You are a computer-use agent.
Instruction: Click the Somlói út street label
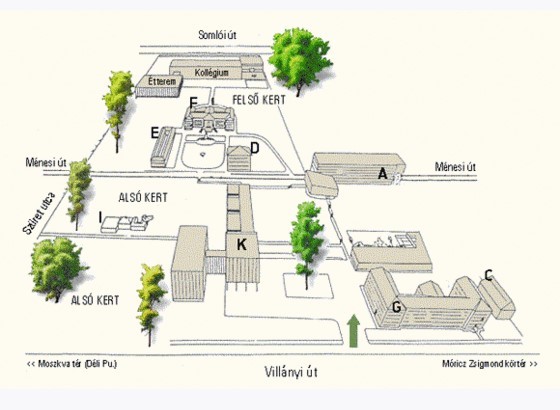click(217, 35)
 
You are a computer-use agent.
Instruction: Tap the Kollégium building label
click(211, 72)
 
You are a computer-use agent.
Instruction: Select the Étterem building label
click(162, 81)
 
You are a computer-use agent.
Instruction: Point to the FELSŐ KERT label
click(259, 100)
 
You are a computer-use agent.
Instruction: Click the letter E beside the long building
click(154, 133)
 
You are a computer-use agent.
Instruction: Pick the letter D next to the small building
click(255, 148)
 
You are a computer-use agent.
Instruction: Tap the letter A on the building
click(382, 174)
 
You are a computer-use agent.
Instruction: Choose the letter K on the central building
click(242, 245)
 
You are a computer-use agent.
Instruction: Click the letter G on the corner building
click(396, 307)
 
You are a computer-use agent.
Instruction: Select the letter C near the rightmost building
click(489, 275)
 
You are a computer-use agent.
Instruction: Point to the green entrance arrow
click(353, 331)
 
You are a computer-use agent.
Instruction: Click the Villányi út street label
click(291, 372)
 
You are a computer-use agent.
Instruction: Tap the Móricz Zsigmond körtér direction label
click(490, 364)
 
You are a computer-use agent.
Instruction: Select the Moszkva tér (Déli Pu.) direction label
click(72, 364)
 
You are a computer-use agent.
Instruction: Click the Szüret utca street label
click(39, 213)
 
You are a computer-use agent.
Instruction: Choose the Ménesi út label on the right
click(455, 166)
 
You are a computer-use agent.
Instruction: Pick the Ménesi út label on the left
click(46, 162)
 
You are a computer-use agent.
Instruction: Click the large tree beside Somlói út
click(300, 61)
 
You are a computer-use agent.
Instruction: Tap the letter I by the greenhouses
click(101, 217)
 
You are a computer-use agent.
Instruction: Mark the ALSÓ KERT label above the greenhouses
click(143, 198)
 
